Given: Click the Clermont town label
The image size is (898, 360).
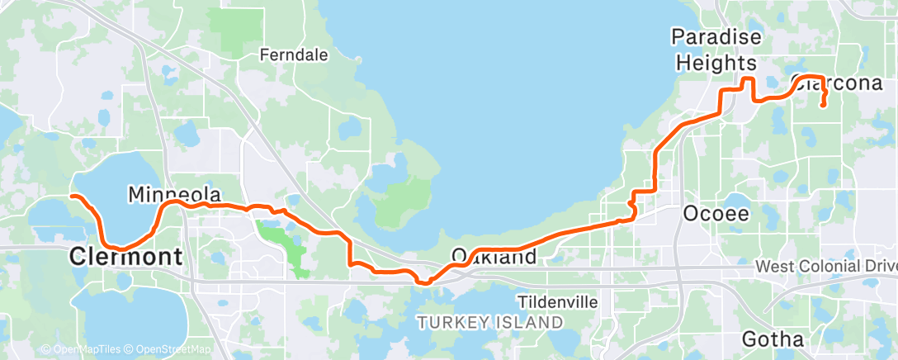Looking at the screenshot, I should [126, 257].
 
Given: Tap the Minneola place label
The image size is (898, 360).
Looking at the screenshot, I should [175, 195].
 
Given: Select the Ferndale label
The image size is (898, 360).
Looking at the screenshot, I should [294, 55].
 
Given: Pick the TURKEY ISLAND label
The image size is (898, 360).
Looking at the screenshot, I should [490, 321].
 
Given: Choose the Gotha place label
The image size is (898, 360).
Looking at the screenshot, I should [773, 339].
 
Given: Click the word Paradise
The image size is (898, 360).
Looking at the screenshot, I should [713, 37].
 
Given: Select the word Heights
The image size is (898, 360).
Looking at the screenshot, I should [713, 63].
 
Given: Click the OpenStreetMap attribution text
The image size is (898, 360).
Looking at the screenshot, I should [170, 349].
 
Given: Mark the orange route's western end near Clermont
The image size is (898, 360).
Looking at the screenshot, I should [72, 197].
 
